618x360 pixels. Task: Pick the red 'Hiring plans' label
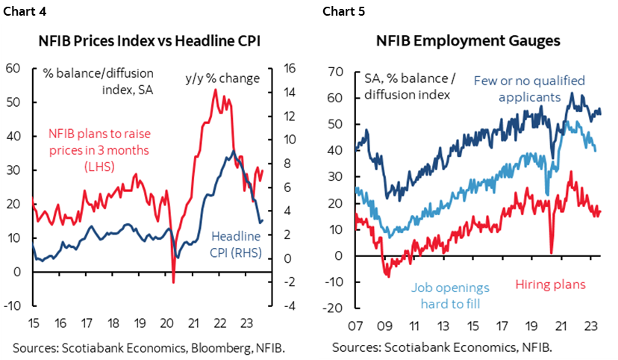click(x=552, y=285)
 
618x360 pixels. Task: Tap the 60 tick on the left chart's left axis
click(x=13, y=69)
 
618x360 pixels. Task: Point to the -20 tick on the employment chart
click(x=333, y=308)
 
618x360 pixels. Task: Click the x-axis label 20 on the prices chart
click(x=166, y=324)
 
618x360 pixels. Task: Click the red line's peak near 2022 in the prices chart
click(x=215, y=90)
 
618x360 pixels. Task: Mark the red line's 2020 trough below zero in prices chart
click(x=173, y=282)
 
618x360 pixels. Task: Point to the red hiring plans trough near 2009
click(x=387, y=276)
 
